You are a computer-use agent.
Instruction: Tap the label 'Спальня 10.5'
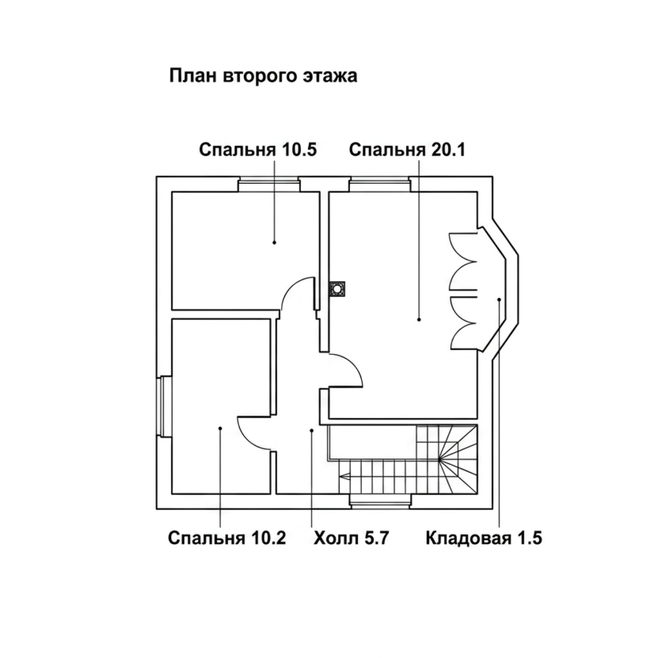[258, 150]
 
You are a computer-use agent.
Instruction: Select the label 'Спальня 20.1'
[407, 150]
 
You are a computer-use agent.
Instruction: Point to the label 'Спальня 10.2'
[227, 538]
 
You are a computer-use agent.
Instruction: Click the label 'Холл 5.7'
[351, 538]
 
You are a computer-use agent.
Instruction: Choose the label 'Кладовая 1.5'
[484, 538]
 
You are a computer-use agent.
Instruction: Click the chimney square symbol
[337, 289]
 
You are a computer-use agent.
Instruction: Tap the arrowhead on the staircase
[345, 475]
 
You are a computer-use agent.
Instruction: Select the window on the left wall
[165, 406]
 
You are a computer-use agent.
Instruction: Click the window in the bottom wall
[380, 501]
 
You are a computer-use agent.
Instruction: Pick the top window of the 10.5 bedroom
[268, 184]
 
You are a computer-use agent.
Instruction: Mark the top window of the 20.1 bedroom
[379, 184]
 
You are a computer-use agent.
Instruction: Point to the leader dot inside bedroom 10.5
[275, 242]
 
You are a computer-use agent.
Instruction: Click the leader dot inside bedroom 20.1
[419, 320]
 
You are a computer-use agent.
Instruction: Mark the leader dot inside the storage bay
[499, 300]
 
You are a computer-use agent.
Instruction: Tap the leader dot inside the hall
[311, 431]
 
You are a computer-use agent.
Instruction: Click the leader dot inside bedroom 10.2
[220, 428]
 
